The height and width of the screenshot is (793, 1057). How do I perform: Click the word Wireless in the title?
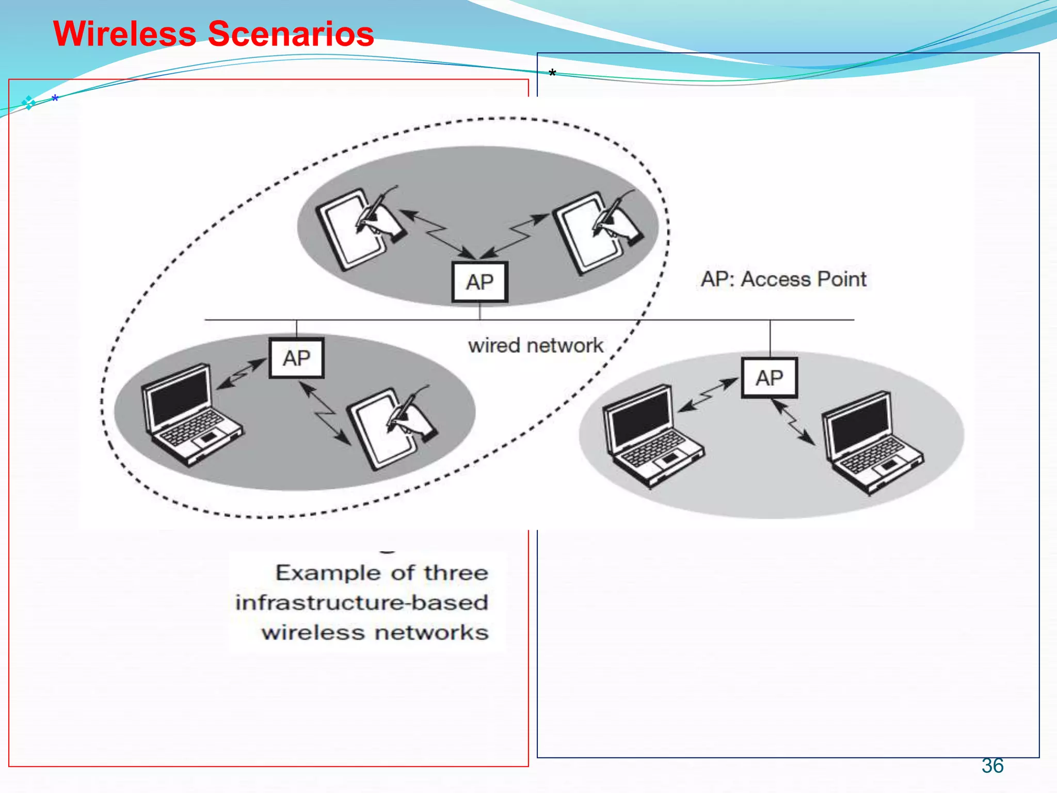[124, 34]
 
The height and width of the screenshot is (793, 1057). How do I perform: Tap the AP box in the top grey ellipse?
[479, 282]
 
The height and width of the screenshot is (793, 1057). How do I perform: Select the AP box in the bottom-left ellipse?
[296, 358]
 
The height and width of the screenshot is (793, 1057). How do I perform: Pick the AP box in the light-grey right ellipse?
[769, 378]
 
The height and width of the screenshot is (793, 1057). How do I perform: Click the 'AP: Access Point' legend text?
[783, 279]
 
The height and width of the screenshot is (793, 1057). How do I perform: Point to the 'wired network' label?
[535, 345]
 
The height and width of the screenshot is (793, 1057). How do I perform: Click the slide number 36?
[992, 766]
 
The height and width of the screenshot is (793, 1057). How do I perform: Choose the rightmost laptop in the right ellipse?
[870, 442]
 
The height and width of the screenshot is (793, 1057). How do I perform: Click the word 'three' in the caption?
[456, 573]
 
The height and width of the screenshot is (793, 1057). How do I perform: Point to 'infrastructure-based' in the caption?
[361, 602]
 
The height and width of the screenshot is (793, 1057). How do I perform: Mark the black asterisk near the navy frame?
[552, 73]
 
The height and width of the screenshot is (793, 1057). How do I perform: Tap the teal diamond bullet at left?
[28, 103]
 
